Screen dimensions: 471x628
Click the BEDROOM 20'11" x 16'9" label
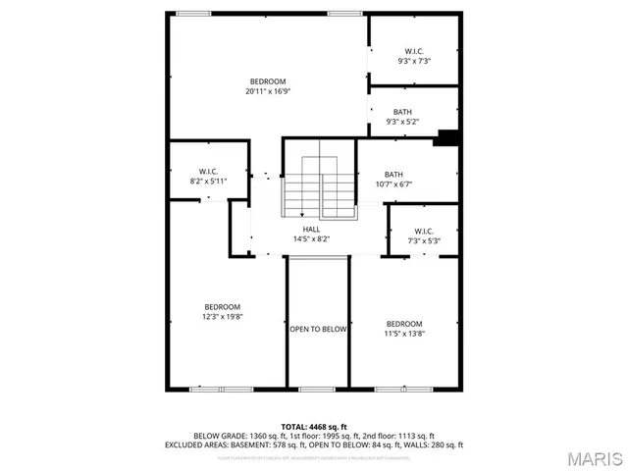point(268,86)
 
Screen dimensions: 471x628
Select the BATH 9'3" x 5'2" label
point(402,117)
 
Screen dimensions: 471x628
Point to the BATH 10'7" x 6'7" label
point(393,180)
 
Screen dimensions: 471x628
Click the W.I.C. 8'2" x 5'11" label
point(207,177)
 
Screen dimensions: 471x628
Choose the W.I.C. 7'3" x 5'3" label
point(424,236)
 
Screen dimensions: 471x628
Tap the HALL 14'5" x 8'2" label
point(311,234)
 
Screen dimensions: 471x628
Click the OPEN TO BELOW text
point(317,330)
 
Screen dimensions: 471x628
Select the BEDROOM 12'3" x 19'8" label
point(222,312)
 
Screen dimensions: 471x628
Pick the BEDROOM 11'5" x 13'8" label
point(403,329)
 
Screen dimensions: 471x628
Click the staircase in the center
point(321,186)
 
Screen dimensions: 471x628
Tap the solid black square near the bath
point(447,138)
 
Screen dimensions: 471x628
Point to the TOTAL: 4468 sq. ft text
point(313,426)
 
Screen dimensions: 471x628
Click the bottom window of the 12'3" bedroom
point(215,390)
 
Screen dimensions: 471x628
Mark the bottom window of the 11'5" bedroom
point(403,390)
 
